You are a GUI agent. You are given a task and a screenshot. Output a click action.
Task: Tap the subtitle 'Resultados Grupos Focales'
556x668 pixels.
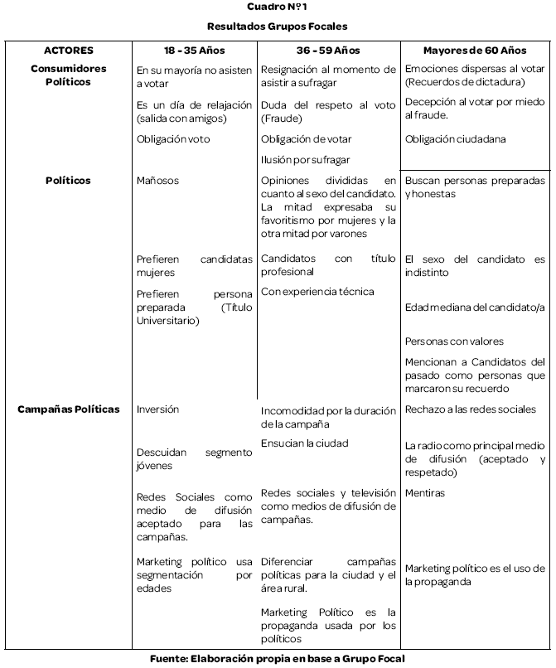coord(278,27)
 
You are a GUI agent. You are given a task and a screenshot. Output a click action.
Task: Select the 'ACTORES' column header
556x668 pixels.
coord(68,51)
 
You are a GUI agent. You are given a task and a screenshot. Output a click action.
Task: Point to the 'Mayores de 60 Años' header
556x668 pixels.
coord(475,51)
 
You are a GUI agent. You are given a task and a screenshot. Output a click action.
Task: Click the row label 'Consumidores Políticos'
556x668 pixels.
coord(68,75)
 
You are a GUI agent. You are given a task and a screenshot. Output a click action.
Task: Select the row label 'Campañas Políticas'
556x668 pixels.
coord(68,409)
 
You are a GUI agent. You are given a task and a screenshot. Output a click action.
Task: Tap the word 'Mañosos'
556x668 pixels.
coord(157,180)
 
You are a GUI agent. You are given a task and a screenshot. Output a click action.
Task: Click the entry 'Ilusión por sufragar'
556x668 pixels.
coord(305,159)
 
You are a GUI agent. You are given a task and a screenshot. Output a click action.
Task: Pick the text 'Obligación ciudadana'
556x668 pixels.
coord(455,139)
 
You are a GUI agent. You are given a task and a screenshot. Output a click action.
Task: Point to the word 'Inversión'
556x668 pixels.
coord(157,409)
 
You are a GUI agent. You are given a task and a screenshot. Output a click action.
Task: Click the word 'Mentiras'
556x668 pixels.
coord(425,492)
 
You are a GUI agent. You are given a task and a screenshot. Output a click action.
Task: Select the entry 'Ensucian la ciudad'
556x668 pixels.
coord(304,443)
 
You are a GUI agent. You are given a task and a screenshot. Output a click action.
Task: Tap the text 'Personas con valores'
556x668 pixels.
coord(454,341)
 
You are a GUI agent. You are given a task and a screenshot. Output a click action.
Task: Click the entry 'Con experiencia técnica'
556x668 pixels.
coord(317,291)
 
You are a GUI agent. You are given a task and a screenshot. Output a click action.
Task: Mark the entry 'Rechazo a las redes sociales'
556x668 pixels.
coord(471,409)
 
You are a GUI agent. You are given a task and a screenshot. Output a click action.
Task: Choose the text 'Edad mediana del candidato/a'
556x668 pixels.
coord(475,307)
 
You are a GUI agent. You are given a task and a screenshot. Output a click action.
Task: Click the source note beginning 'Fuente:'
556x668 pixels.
coord(278,658)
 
